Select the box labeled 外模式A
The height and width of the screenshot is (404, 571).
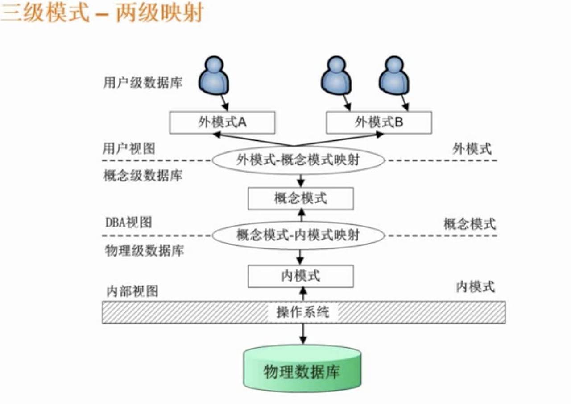pos(222,122)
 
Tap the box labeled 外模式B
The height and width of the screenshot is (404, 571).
pos(379,122)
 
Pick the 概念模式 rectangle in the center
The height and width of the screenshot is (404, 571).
pos(301,198)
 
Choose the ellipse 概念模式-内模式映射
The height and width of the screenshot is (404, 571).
pos(298,235)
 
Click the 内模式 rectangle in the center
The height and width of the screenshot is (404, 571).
pos(301,276)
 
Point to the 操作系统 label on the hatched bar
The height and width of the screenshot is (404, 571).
pos(303,311)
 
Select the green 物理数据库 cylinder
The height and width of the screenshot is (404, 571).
pos(302,370)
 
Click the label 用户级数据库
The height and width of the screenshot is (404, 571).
pos(143,83)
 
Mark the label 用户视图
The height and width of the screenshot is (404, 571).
pos(129,148)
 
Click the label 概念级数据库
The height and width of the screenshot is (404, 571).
pos(143,176)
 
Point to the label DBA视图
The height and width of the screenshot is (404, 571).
pos(129,222)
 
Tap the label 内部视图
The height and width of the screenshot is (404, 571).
pos(132,291)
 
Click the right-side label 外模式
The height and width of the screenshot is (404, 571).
pos(472,149)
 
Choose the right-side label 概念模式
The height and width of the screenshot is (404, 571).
pos(469,223)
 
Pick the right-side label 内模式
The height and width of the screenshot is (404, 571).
pos(476,286)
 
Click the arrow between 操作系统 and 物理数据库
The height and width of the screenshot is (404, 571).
pos(303,333)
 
